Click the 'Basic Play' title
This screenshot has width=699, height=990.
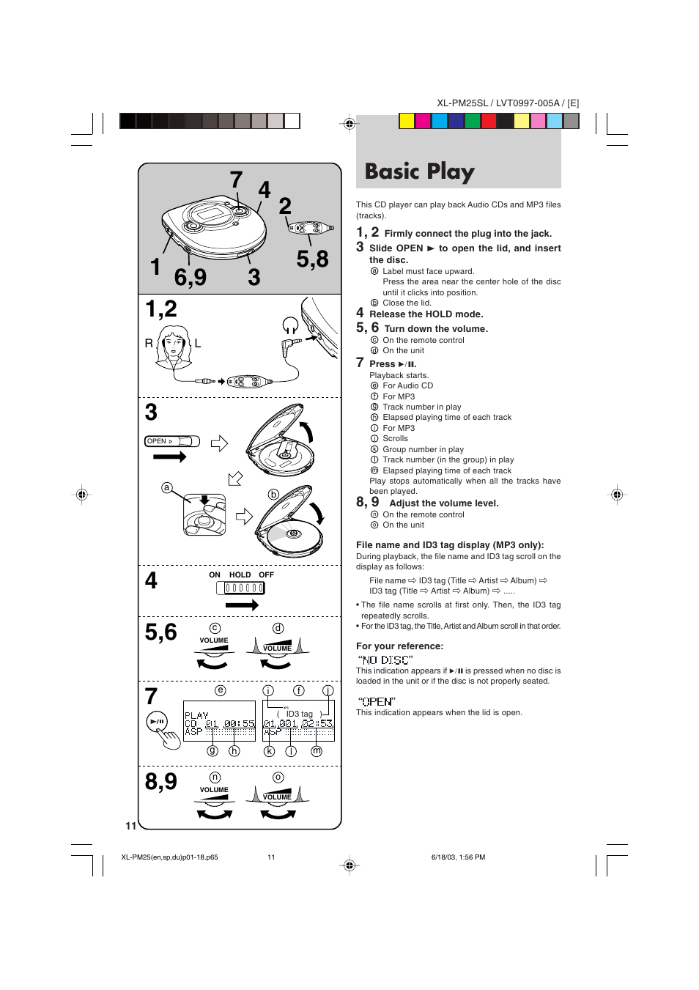(419, 171)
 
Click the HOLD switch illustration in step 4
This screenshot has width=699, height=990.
(240, 588)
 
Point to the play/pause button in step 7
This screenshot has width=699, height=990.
(157, 721)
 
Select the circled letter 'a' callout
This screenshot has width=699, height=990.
(167, 488)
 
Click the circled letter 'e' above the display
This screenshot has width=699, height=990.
(220, 690)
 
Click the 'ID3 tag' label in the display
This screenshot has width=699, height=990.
(299, 714)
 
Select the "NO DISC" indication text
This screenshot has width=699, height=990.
(385, 660)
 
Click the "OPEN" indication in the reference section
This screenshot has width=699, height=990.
(377, 701)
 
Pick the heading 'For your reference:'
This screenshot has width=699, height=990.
(399, 646)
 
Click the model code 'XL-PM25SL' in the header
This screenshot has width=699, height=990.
(462, 103)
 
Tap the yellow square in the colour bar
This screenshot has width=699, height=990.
(407, 121)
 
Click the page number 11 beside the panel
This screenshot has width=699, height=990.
(131, 826)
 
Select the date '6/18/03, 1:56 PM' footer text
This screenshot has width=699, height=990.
(458, 857)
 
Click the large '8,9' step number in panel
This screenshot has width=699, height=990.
(161, 781)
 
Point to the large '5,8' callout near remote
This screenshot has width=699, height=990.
(312, 259)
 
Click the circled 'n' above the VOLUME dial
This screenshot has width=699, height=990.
(215, 777)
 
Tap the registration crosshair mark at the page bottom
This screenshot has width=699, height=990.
(349, 865)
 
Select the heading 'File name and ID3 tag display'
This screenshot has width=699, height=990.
(450, 545)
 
